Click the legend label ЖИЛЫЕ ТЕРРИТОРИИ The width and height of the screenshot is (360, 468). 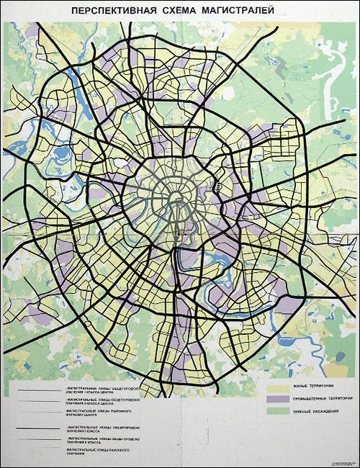pos(311,387)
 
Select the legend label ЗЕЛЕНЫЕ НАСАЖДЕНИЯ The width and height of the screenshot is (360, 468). pos(312,410)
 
